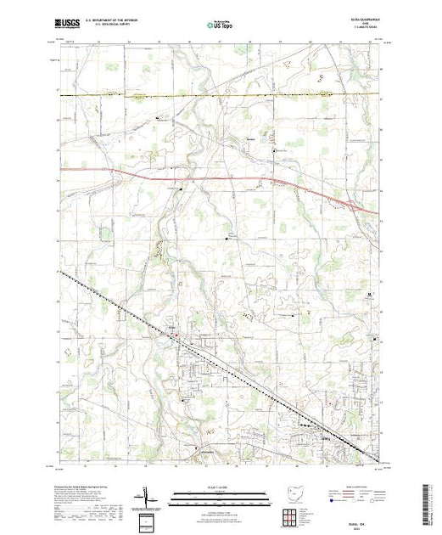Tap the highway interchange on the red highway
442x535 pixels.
point(350,203)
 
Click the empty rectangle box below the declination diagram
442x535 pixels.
point(146,520)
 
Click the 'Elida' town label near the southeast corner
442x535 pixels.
point(327,439)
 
